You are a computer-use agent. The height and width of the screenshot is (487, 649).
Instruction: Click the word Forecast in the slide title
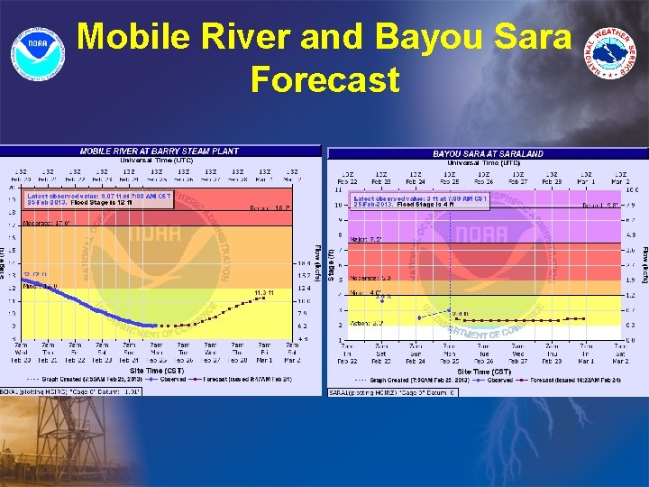[324, 79]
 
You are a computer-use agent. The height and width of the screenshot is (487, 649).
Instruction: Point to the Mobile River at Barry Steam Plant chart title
[160, 152]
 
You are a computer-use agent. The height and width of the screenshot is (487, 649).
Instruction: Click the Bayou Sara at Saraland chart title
[488, 154]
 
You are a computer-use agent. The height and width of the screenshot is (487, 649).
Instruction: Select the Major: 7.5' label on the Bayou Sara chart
[368, 239]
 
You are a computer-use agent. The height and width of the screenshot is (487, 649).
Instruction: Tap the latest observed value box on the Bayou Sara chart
[421, 201]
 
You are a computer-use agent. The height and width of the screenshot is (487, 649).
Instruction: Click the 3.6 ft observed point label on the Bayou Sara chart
[384, 297]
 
